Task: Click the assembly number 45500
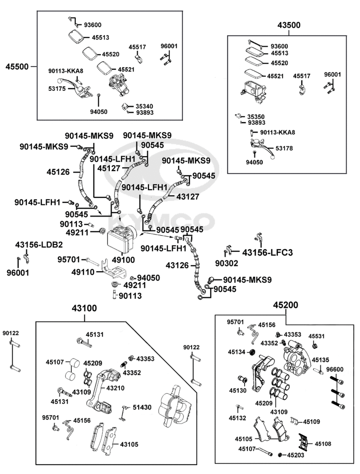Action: [x=17, y=67]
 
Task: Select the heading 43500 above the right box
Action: [x=289, y=25]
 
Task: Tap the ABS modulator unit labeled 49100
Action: [x=119, y=240]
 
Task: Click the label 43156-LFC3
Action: [x=267, y=252]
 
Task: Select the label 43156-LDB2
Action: [x=39, y=245]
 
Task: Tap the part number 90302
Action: [x=226, y=263]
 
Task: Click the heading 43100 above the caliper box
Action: [x=84, y=308]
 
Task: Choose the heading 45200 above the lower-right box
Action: [x=285, y=305]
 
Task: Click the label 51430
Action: [x=142, y=407]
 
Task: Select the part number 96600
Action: [x=335, y=369]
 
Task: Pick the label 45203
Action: [x=296, y=455]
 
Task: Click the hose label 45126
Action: [x=58, y=172]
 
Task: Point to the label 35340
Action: [x=144, y=106]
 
